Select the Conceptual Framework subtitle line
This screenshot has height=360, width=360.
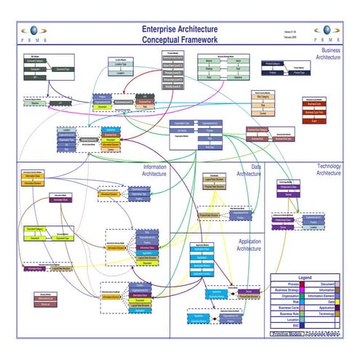(x=180, y=39)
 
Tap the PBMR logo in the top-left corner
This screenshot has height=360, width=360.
(x=33, y=33)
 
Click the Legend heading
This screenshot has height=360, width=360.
(x=305, y=278)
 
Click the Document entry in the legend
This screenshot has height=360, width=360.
(x=326, y=284)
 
